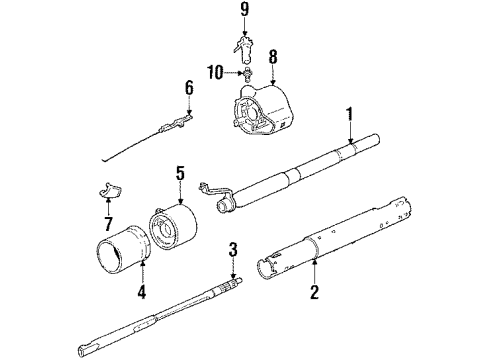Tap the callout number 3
click(232, 249)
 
